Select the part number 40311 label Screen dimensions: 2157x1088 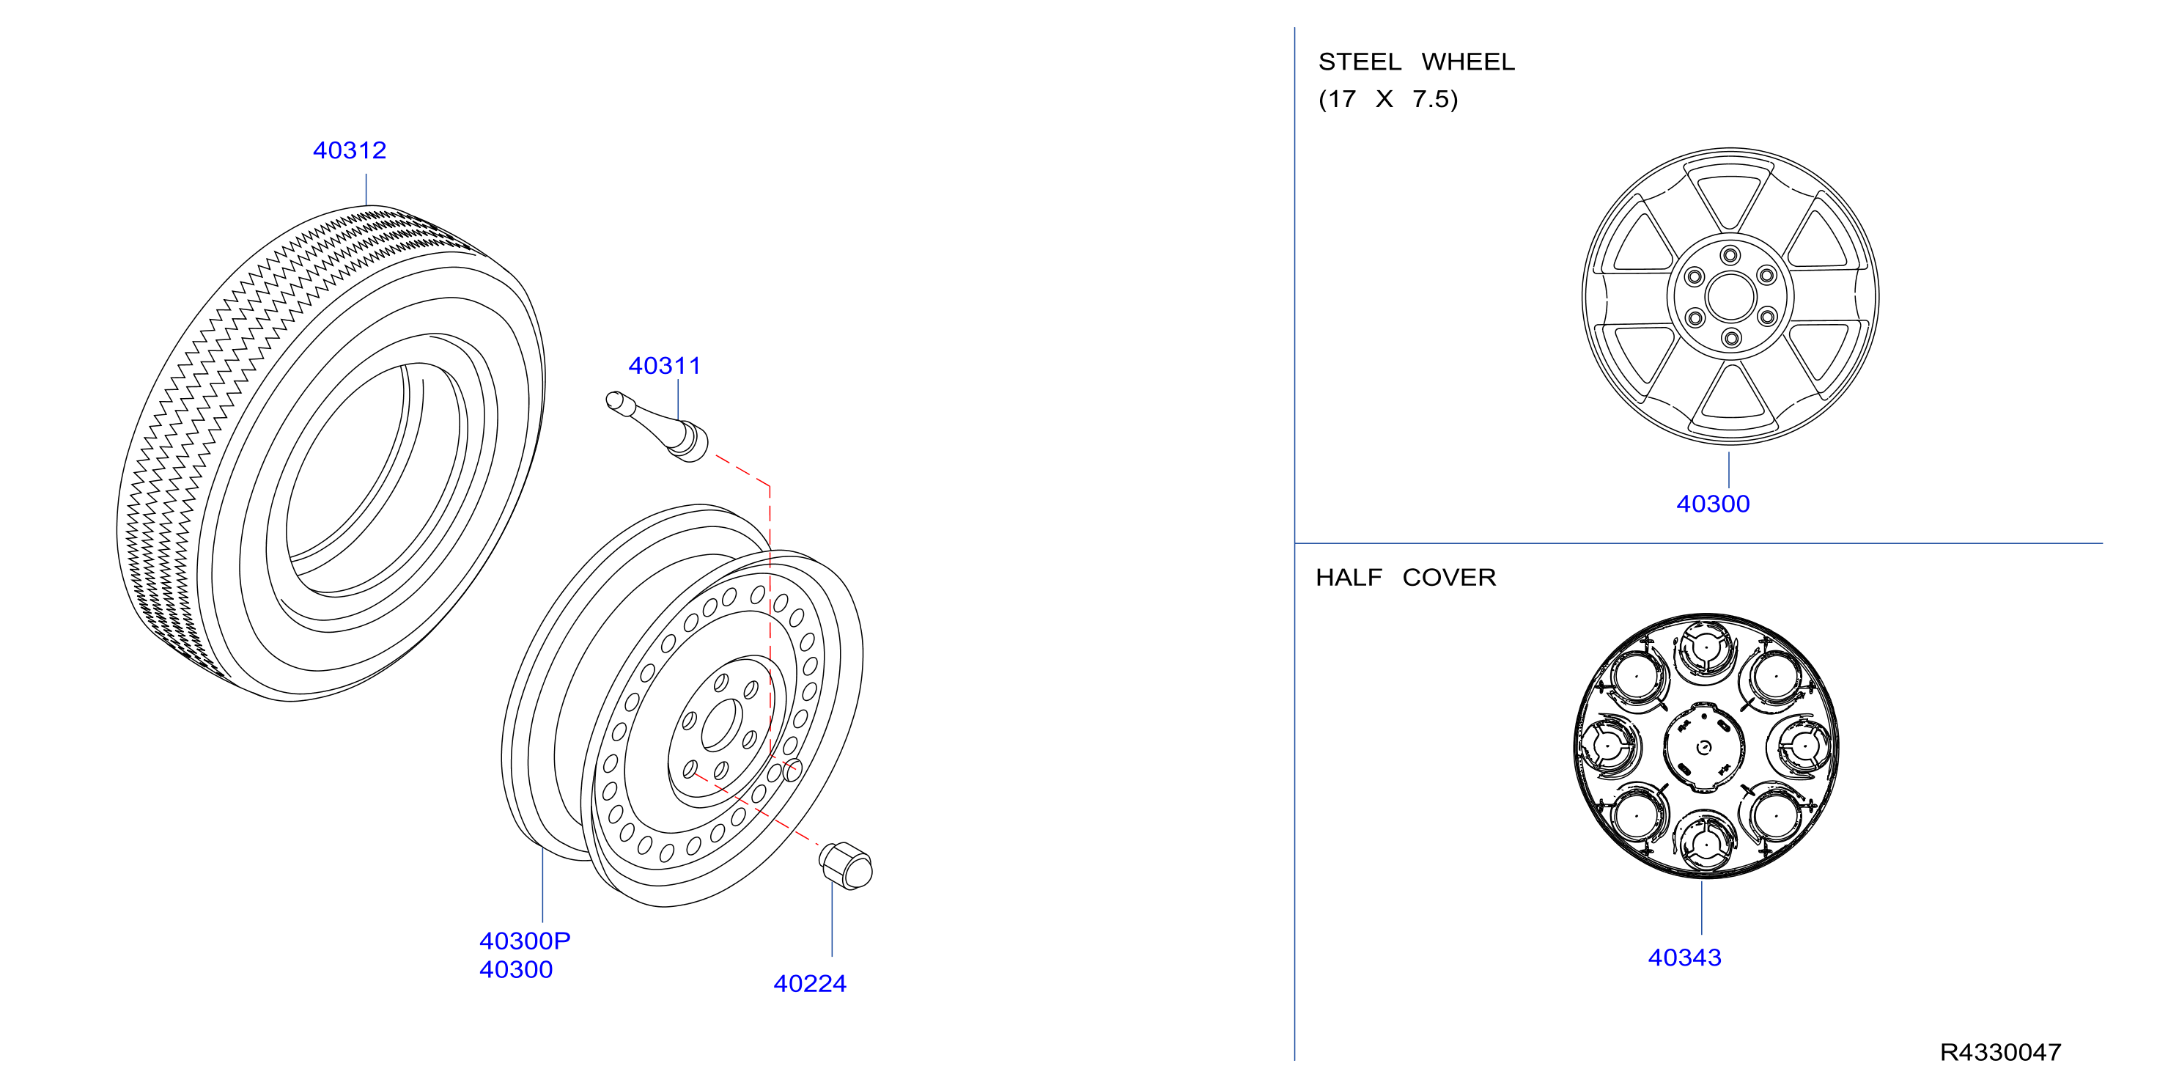(664, 365)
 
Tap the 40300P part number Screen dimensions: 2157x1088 (525, 941)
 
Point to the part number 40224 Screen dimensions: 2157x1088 (810, 983)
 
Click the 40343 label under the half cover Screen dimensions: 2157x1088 (1685, 957)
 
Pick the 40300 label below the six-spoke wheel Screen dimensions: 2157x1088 (1713, 504)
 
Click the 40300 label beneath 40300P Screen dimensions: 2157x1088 (516, 969)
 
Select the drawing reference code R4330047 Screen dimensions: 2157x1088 (2000, 1052)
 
